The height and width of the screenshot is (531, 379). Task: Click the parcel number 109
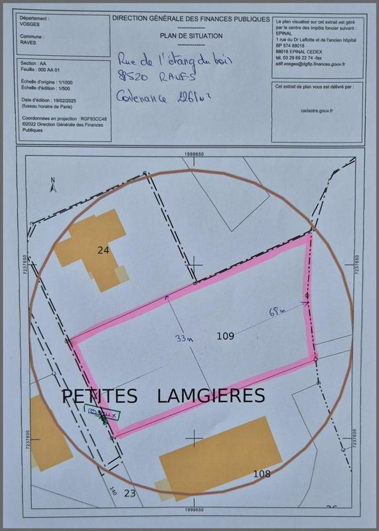tap(226, 337)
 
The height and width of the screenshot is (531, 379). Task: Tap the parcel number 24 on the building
tap(102, 250)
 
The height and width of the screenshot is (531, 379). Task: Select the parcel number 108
tap(262, 473)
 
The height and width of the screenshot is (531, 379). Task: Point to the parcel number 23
tap(129, 493)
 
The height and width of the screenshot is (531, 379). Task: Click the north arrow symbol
tap(52, 182)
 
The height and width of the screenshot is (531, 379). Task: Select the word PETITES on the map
tap(100, 396)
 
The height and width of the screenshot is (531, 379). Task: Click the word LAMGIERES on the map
tap(211, 396)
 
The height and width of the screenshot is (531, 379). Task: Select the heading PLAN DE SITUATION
tap(191, 36)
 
